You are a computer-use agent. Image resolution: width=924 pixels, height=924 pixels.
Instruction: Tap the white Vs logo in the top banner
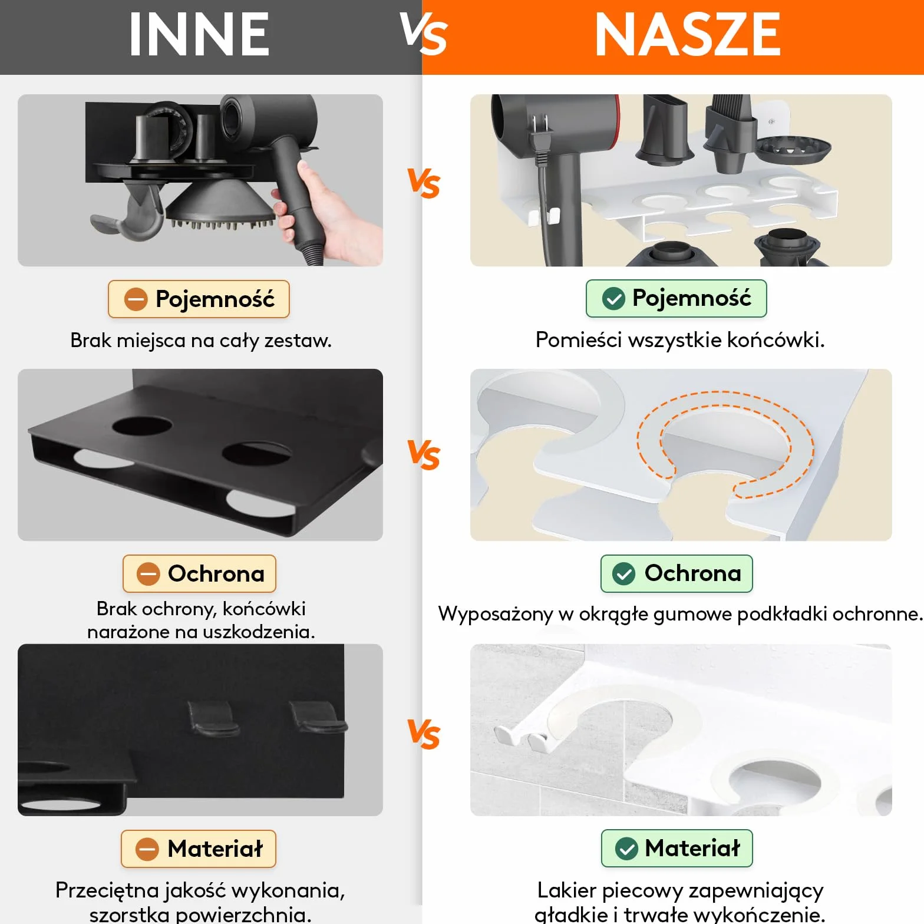(x=424, y=34)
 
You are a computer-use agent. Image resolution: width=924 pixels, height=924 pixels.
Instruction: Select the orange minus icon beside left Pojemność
(x=136, y=299)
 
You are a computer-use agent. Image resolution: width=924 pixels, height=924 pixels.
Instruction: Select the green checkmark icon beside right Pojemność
(x=613, y=299)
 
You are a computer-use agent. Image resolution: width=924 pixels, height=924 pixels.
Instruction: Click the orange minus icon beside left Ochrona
(x=148, y=574)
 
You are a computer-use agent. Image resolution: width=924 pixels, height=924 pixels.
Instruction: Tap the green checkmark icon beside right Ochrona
(x=623, y=573)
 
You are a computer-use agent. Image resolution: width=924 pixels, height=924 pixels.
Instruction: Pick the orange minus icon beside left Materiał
(x=147, y=849)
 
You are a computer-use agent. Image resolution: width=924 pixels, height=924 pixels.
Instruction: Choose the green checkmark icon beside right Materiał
(x=626, y=849)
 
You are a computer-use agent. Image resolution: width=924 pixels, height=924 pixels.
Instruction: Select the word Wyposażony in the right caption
(x=496, y=614)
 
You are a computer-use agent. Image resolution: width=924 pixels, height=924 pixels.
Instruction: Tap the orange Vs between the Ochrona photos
(x=424, y=455)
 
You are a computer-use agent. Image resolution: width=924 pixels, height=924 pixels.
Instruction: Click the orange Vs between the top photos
(x=424, y=183)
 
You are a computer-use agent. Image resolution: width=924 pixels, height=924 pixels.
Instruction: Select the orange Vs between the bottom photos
(x=424, y=734)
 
